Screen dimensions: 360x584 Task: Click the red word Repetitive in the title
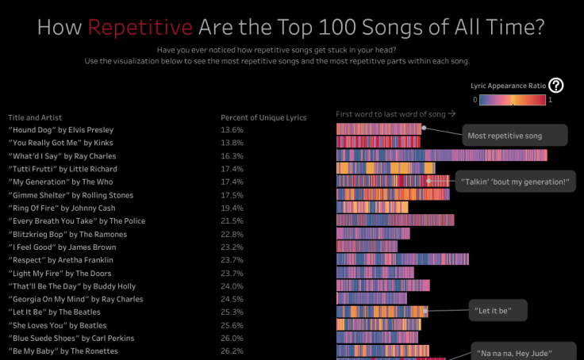[140, 28]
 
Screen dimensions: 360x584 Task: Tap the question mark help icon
[556, 86]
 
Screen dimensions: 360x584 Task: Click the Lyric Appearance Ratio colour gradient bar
[511, 100]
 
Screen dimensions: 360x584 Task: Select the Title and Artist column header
[35, 117]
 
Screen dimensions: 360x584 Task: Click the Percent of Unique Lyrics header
[263, 117]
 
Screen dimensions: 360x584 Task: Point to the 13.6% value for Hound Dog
[232, 129]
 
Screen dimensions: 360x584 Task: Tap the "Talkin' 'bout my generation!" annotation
[514, 182]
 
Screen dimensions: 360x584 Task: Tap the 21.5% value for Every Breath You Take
[232, 220]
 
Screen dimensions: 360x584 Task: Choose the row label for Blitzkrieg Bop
[67, 234]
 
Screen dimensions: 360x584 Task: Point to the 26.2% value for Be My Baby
[232, 350]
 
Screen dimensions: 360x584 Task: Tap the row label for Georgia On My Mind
[75, 299]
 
